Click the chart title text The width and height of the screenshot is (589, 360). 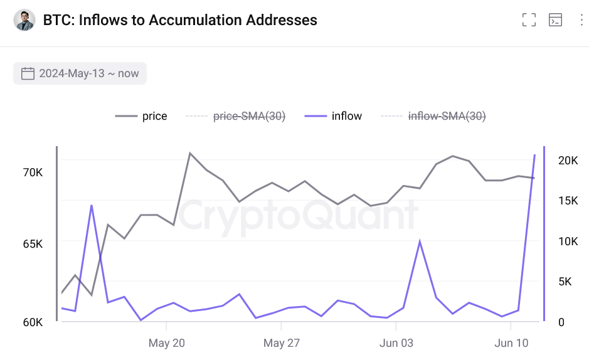tap(180, 20)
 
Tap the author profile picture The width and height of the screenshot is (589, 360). tap(24, 20)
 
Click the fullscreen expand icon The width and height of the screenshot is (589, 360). tap(529, 20)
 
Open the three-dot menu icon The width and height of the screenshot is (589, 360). tap(581, 20)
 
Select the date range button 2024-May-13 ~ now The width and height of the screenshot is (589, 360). tap(80, 73)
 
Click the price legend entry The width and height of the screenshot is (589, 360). tap(142, 116)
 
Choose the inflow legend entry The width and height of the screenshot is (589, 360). tap(333, 116)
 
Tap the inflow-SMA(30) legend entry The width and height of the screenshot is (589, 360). tap(434, 116)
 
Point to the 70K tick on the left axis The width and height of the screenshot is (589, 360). tap(33, 172)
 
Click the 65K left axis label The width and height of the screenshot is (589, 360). tap(33, 244)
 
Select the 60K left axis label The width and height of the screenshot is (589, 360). tap(33, 322)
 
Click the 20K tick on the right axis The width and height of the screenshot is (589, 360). tap(568, 161)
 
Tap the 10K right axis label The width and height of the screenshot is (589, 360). tap(568, 241)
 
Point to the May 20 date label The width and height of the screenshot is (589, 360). tap(166, 343)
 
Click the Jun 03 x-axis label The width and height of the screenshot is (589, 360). tap(396, 343)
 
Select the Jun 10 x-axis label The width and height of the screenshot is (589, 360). tap(511, 343)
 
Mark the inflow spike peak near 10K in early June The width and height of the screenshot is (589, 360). tap(420, 241)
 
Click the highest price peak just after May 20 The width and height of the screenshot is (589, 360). tap(189, 152)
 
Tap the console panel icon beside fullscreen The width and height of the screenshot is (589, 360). tap(555, 20)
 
